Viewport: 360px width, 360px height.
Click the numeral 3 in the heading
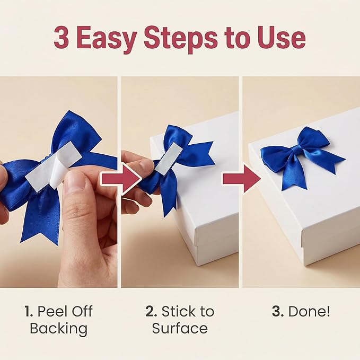pyautogui.click(x=62, y=38)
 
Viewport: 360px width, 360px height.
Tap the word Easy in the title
pyautogui.click(x=107, y=40)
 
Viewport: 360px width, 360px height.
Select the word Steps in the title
pyautogui.click(x=181, y=40)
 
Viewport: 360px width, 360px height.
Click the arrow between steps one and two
pyautogui.click(x=121, y=179)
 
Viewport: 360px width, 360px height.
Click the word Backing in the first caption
pyautogui.click(x=58, y=329)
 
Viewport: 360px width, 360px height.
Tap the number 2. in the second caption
pyautogui.click(x=151, y=312)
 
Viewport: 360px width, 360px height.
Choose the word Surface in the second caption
pyautogui.click(x=180, y=328)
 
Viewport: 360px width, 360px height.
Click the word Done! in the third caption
pyautogui.click(x=309, y=311)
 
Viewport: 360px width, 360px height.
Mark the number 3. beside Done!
pyautogui.click(x=278, y=312)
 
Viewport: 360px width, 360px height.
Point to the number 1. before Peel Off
pyautogui.click(x=29, y=312)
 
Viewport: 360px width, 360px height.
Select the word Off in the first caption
pyautogui.click(x=83, y=312)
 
